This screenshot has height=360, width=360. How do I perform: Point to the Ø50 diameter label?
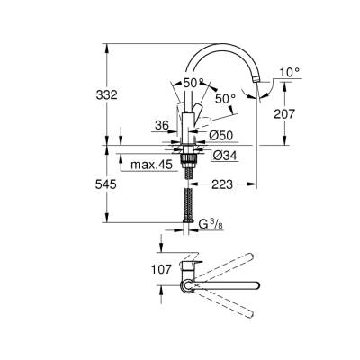point(222,135)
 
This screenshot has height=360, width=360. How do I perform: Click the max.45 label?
point(150,164)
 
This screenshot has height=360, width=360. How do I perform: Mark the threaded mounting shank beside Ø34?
point(188,161)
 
